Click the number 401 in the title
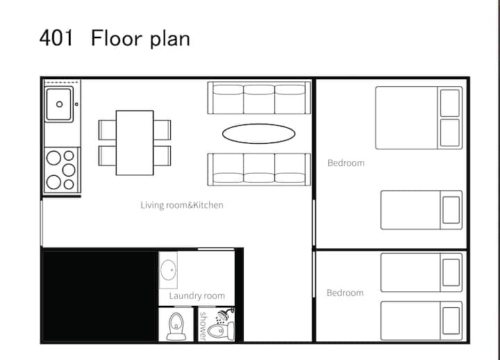coord(56,38)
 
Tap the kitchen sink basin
coord(59,104)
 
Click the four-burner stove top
coord(62,170)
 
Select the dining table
coord(135,142)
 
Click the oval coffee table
coord(258,133)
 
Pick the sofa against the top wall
coord(259,98)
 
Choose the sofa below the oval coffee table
coord(259,169)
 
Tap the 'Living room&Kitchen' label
coord(182,205)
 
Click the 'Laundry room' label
coord(197,296)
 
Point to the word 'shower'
coord(203,325)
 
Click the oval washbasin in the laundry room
coord(168,270)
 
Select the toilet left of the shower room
coord(176,326)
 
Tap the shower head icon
coord(223,316)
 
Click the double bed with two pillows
coord(419,117)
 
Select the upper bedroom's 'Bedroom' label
coord(346,163)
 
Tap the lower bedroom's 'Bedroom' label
coord(345,293)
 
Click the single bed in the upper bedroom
coord(422,210)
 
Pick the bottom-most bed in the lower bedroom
coord(422,321)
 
